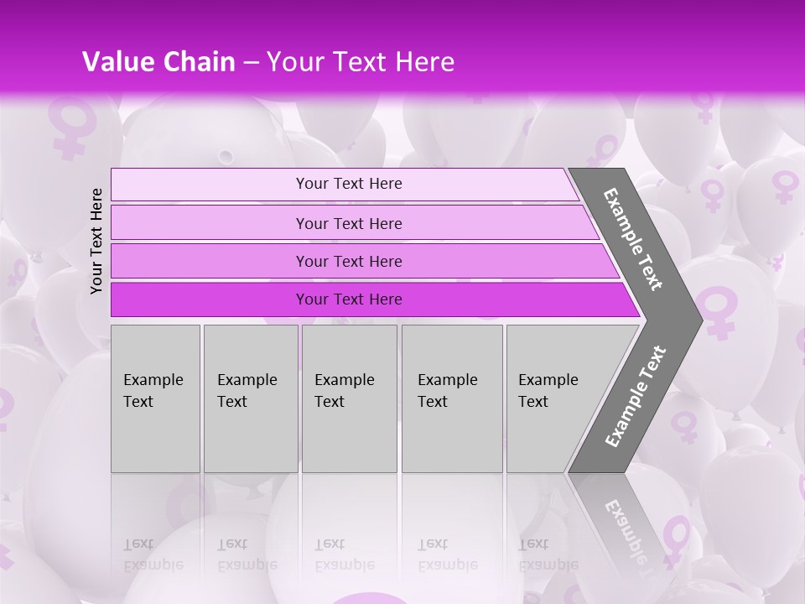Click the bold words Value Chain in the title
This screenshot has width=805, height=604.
coord(158,62)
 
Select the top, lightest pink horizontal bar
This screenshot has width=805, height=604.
coord(344,185)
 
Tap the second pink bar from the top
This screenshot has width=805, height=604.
coord(352,223)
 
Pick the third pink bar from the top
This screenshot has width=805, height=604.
coord(361,262)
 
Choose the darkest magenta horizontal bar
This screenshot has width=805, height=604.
coord(369,299)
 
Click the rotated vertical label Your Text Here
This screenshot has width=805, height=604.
coord(96,241)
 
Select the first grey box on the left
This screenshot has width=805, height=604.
coord(155,398)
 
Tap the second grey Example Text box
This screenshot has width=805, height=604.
coord(251,398)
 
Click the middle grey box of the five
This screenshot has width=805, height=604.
coord(349,398)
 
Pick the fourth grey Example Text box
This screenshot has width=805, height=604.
coord(452,398)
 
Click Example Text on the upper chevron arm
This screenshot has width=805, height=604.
coord(633,239)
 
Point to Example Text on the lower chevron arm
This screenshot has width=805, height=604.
coord(635,397)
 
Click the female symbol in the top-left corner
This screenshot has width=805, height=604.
coord(69,127)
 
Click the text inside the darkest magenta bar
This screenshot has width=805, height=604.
coord(349,299)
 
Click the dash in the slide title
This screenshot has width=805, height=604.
coord(251,62)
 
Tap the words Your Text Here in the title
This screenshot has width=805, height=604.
coord(361,62)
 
